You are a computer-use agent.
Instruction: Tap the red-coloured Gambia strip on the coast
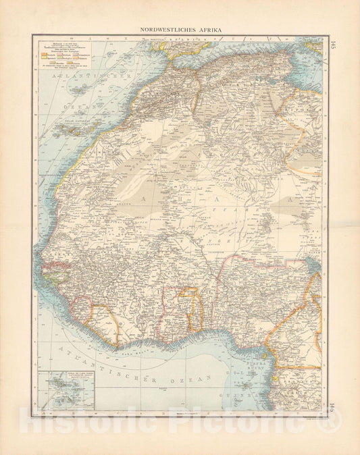tap(47, 267)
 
